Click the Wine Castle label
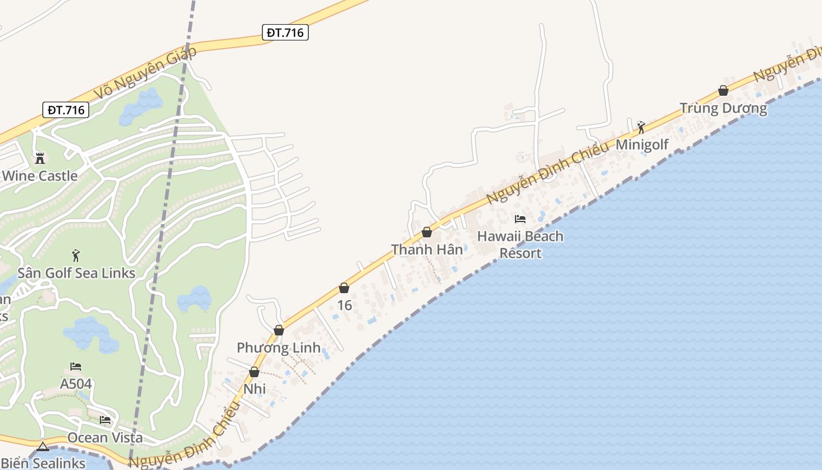coord(40,176)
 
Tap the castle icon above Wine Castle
coord(40,158)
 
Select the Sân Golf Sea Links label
coord(76,273)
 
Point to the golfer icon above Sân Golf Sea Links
coord(76,256)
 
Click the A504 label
coord(76,384)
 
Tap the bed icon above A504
coord(76,367)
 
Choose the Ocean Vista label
coord(105,438)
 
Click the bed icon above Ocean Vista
coord(105,420)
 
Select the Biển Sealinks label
coord(43,463)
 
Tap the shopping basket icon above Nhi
coord(254,372)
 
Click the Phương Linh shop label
coord(279,348)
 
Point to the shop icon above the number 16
coord(344,288)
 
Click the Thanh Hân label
coord(427,250)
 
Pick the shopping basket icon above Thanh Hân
coord(427,233)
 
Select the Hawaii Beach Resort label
coord(520,244)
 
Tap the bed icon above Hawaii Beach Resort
coord(520,219)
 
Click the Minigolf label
coord(642,145)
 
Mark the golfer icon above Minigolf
coord(641,127)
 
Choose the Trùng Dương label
coord(723,108)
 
